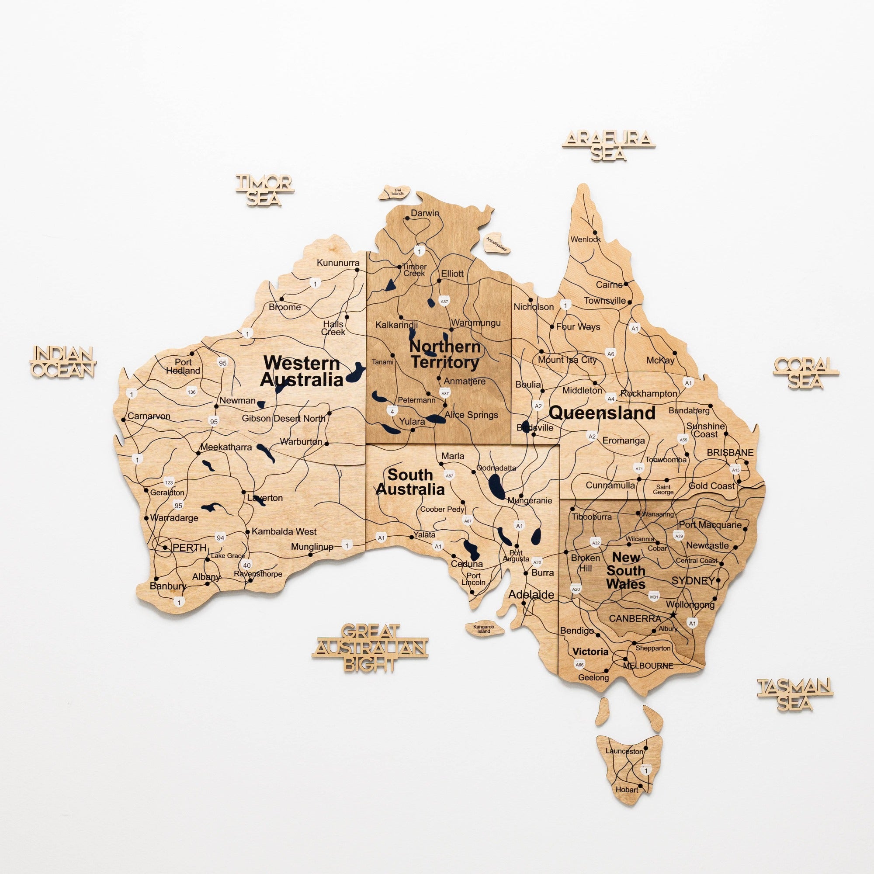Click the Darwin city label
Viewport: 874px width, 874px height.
tap(424, 213)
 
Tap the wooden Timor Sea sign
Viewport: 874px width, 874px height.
tap(265, 190)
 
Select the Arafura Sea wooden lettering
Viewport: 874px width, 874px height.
tap(608, 145)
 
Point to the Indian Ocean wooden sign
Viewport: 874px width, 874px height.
tap(63, 362)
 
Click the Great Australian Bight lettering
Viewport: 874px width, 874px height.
tap(370, 648)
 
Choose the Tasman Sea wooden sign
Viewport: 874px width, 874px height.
tap(795, 694)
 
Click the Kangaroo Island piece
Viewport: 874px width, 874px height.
tap(484, 629)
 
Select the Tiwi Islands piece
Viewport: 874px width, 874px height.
tap(395, 192)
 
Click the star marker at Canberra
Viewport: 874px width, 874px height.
tap(673, 614)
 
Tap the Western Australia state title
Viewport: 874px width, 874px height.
tap(302, 371)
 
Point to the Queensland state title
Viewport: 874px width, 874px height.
tap(602, 413)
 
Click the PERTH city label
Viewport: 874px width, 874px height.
tap(190, 548)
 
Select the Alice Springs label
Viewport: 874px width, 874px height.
tap(471, 415)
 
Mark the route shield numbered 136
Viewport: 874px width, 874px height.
tap(192, 392)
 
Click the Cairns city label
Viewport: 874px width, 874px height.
tap(609, 285)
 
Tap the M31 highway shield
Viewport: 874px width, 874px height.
tap(654, 597)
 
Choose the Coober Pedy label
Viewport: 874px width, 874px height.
tap(442, 510)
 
